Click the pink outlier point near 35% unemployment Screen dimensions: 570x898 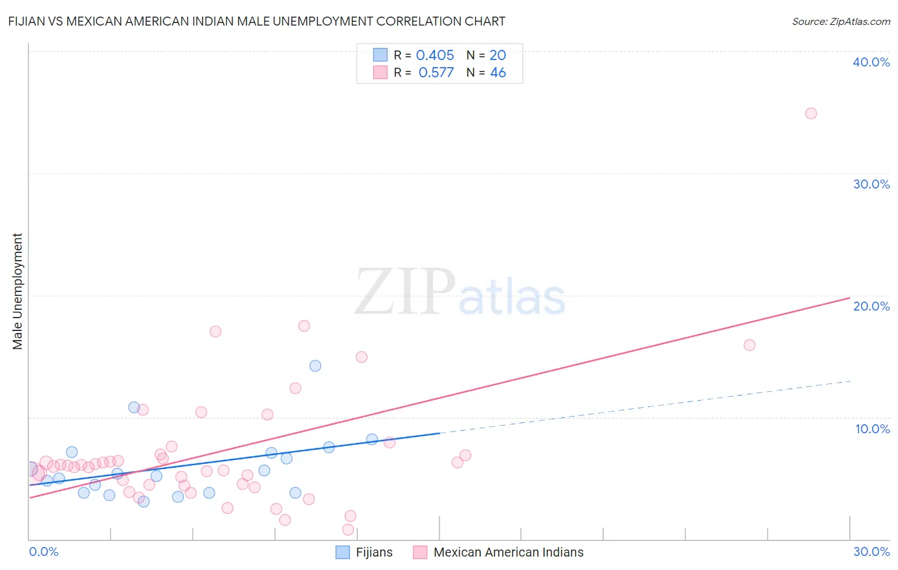click(810, 113)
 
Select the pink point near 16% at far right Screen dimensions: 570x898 click(749, 345)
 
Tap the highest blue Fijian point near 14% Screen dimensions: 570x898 click(315, 366)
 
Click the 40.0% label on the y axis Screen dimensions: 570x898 click(871, 62)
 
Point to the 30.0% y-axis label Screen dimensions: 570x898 click(871, 184)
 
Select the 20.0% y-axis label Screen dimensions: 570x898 click(871, 306)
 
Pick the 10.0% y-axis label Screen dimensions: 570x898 click(872, 429)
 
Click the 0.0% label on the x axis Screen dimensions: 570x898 click(44, 551)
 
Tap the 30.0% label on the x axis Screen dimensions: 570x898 click(871, 551)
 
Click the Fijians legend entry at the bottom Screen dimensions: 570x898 click(374, 552)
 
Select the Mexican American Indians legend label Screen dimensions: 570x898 click(508, 552)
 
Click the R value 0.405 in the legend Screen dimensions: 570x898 click(435, 56)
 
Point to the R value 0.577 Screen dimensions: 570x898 click(436, 73)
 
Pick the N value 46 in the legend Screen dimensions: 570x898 click(498, 73)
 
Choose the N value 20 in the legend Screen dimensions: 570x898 click(498, 56)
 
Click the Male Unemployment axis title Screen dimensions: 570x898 click(17, 291)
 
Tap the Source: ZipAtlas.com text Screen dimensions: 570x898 click(841, 22)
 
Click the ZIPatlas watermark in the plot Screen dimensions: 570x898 click(460, 293)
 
